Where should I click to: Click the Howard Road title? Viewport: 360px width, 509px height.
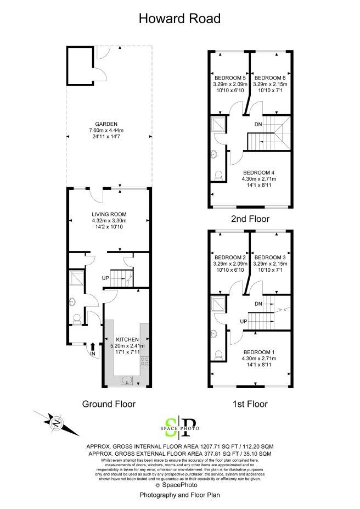pos(179,19)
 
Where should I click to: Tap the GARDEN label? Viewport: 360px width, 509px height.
pos(106,124)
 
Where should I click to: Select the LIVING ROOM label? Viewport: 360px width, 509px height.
pos(109,214)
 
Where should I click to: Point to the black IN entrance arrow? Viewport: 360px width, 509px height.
pos(93,346)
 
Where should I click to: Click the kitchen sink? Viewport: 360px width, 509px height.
pos(127,380)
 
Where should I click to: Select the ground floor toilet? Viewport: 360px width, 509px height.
pos(77,320)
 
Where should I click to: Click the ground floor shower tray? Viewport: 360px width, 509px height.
pos(77,277)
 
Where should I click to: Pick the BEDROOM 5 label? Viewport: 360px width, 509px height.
pos(230,78)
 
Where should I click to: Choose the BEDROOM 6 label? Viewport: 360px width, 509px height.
pos(270,78)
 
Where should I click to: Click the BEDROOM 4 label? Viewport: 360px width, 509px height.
pos(259,173)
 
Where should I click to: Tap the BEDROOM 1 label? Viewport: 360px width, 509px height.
pos(259,352)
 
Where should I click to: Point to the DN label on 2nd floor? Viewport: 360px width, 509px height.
pos(258,124)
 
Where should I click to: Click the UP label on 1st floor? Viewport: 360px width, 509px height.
pos(244,322)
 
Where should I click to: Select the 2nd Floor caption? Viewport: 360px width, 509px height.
pos(250,219)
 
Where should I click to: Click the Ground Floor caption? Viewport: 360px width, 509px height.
pos(109,404)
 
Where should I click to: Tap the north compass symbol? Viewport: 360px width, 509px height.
pos(57,423)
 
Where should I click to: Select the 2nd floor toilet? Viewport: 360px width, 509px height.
pos(219,176)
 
